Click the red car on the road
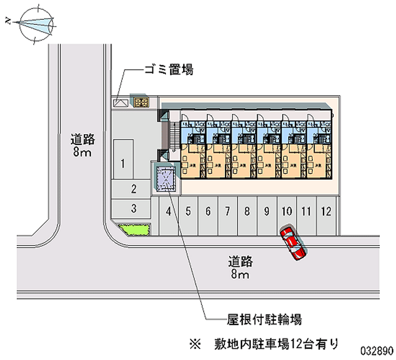(x=293, y=243)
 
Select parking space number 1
(x=123, y=161)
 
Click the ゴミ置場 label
(x=168, y=70)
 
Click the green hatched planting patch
(x=134, y=230)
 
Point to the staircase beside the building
(x=174, y=134)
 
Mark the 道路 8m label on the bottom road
(x=241, y=266)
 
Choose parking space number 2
(x=133, y=188)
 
